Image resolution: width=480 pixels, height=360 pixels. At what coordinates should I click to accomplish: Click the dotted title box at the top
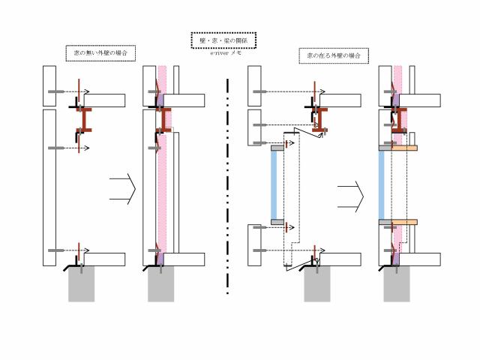click(223, 40)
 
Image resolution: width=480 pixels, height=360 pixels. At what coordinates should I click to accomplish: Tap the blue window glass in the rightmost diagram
click(382, 184)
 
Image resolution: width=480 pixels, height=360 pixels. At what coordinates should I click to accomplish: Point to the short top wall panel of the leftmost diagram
click(49, 85)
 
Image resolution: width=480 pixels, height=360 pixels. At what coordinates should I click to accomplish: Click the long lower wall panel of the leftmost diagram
click(49, 187)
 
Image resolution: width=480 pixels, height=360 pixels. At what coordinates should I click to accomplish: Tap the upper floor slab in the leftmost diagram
click(104, 100)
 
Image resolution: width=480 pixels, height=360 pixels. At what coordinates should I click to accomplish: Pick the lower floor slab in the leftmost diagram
click(103, 259)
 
